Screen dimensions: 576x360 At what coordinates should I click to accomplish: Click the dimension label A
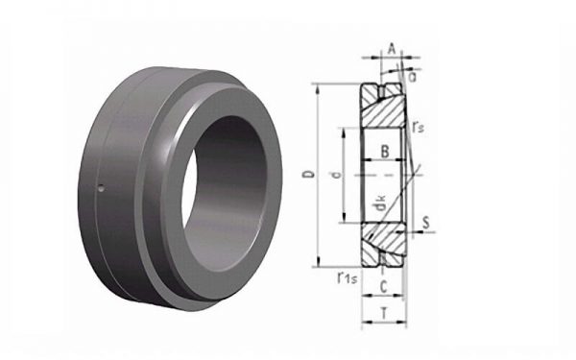pyautogui.click(x=392, y=49)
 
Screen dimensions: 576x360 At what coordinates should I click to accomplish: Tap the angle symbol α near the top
pyautogui.click(x=413, y=77)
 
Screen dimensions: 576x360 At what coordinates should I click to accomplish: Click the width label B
pyautogui.click(x=385, y=152)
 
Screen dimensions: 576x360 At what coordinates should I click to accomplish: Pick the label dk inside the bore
pyautogui.click(x=380, y=204)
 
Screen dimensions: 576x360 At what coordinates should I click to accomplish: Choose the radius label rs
pyautogui.click(x=418, y=127)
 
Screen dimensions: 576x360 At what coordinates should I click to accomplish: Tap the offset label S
pyautogui.click(x=425, y=223)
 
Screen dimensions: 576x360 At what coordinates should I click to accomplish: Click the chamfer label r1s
pyautogui.click(x=348, y=278)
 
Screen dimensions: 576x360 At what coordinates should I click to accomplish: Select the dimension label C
pyautogui.click(x=383, y=287)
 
